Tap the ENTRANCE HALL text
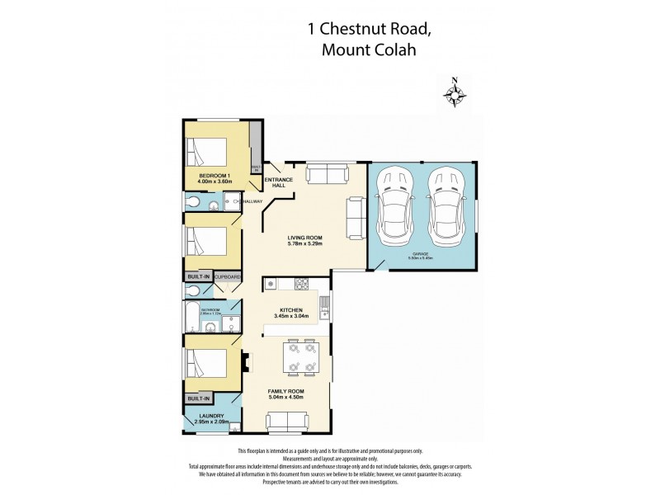click(275, 182)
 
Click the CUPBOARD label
click(229, 277)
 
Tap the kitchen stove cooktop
click(302, 285)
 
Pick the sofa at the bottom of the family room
click(287, 422)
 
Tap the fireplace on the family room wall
click(245, 360)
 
